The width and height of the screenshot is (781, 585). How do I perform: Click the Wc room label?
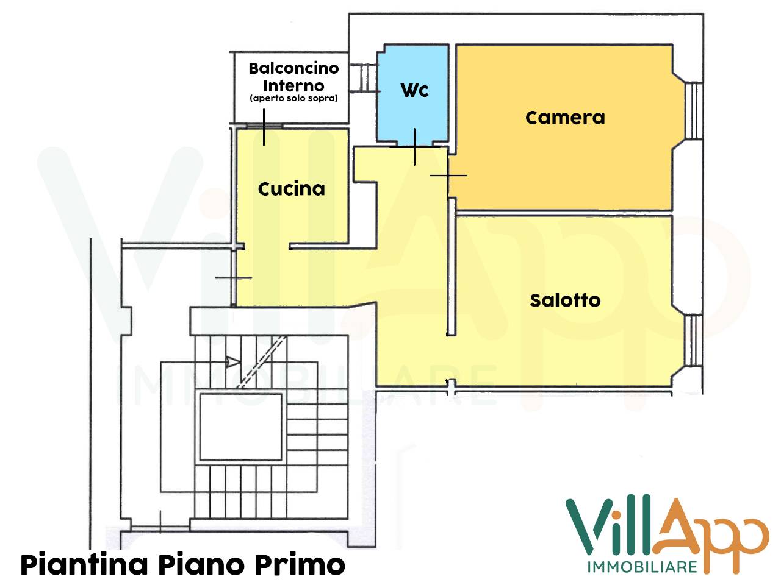tap(415, 90)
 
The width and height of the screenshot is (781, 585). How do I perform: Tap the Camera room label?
tap(565, 117)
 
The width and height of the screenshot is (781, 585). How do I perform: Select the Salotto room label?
tap(565, 300)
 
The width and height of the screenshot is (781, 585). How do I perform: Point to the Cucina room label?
tap(291, 189)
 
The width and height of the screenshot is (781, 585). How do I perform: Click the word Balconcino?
tap(293, 68)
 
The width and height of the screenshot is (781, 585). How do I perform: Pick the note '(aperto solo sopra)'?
tap(293, 99)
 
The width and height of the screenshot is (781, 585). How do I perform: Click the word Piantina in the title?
tap(84, 564)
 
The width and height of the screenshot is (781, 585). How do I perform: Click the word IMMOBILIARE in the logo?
tap(642, 567)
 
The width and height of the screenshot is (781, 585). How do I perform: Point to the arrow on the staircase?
tap(232, 362)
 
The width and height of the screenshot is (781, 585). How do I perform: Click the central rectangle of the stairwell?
tap(241, 427)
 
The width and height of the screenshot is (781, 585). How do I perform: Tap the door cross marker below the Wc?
tap(414, 147)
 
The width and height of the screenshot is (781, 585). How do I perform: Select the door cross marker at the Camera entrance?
tap(448, 175)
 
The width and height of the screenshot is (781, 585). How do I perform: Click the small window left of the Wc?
tap(368, 78)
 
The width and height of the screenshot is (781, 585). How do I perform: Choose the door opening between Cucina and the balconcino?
tap(264, 127)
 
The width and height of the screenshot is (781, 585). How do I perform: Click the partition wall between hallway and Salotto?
tap(451, 268)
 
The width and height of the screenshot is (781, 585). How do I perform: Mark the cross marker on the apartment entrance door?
tap(234, 278)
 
